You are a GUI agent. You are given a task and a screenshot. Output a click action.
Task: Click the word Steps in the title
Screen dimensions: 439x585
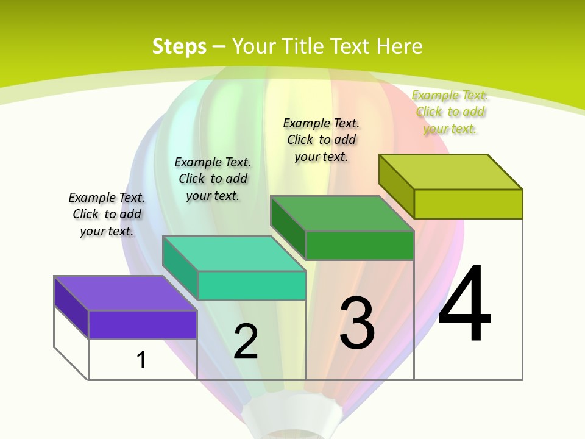coord(179,46)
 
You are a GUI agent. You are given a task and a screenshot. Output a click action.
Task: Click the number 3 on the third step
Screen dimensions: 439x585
coord(357,323)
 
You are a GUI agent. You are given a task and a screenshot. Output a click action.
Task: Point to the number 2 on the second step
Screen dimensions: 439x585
coord(246,341)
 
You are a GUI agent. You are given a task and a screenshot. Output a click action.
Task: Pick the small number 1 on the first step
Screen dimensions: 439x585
coord(141,360)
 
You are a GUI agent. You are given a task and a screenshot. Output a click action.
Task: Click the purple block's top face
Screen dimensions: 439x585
coord(126,293)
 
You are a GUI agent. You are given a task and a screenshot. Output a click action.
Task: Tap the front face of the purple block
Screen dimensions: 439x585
coord(143,324)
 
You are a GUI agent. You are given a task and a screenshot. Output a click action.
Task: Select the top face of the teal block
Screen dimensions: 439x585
coord(234,254)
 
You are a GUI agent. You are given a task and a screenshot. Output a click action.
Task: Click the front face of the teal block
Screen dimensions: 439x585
coord(251,285)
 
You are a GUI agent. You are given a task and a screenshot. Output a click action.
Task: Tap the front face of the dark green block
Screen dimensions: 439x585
coord(360,245)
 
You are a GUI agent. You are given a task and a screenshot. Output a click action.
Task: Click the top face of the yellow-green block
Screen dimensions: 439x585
coord(451,172)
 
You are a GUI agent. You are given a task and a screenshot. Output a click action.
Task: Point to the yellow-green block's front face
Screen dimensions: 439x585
coord(468,204)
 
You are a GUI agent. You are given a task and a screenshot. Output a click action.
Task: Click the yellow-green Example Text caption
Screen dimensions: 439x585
coord(450,112)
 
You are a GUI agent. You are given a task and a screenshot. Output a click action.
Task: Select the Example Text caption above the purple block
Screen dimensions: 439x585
coord(107,214)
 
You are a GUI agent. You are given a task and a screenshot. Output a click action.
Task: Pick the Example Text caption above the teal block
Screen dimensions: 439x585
coord(213,179)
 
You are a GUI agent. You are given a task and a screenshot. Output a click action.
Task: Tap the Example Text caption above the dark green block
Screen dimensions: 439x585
coord(321,140)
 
